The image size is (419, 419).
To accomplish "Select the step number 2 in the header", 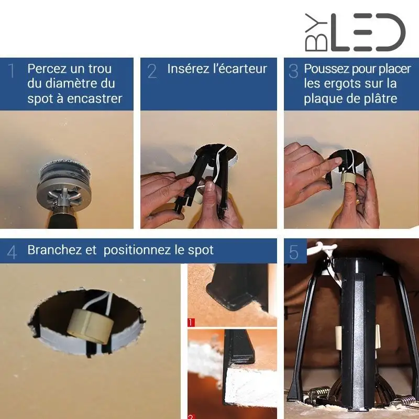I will (152, 71).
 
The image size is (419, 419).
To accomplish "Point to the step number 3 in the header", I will (293, 71).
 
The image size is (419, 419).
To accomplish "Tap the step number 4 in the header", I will (12, 252).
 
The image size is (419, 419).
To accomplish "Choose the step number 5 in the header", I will (294, 252).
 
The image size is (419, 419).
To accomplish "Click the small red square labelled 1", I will (191, 322).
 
